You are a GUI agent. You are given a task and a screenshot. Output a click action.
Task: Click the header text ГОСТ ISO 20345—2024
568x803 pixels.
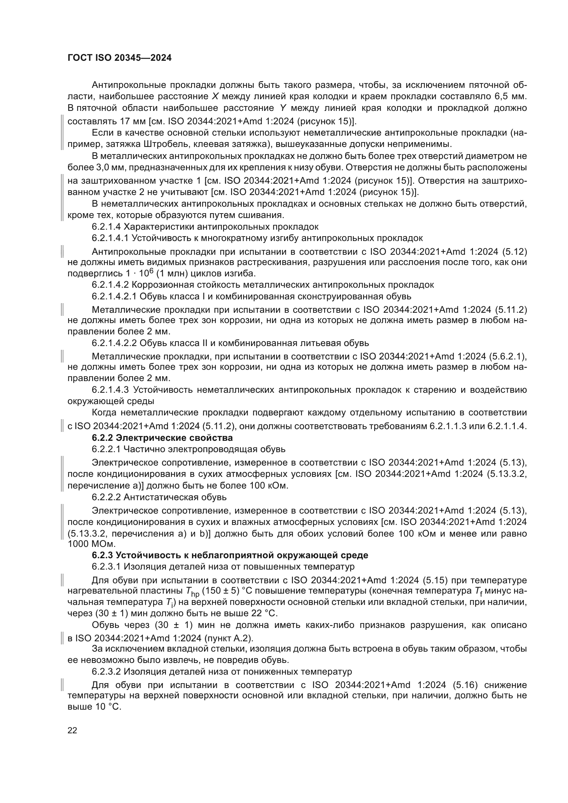pyautogui.click(x=119, y=58)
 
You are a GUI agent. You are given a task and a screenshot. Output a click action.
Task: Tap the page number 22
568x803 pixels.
pyautogui.click(x=72, y=730)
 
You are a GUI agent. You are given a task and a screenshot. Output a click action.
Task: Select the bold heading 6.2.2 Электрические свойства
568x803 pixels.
pyautogui.click(x=162, y=437)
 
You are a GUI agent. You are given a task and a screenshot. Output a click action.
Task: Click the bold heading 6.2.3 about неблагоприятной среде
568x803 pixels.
pyautogui.click(x=230, y=555)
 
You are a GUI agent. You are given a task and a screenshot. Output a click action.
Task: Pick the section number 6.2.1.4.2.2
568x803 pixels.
pyautogui.click(x=114, y=343)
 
